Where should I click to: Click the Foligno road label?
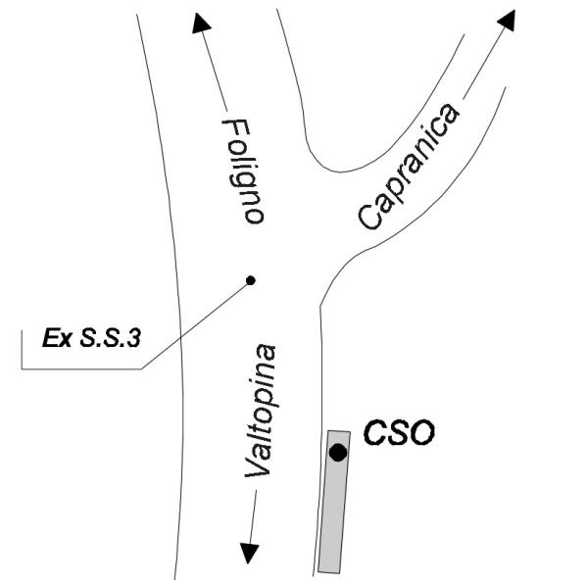point(241,171)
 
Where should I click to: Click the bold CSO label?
point(399,431)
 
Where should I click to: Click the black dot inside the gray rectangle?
point(337,452)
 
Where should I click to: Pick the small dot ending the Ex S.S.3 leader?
point(250,280)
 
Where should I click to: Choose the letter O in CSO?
point(420,431)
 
